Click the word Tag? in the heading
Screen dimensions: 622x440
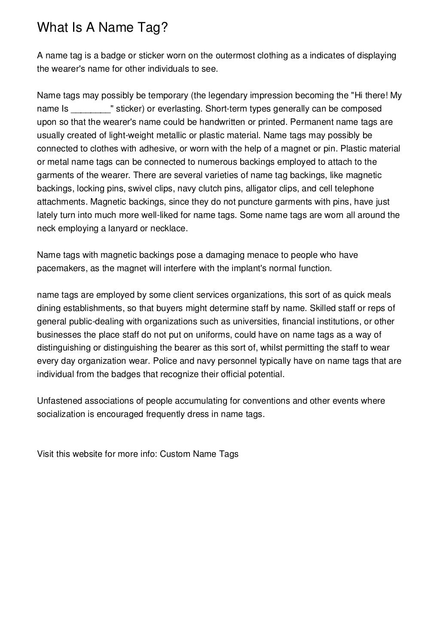152,28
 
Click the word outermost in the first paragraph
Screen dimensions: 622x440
235,55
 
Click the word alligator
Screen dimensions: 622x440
261,188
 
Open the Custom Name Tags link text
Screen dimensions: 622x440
199,454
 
